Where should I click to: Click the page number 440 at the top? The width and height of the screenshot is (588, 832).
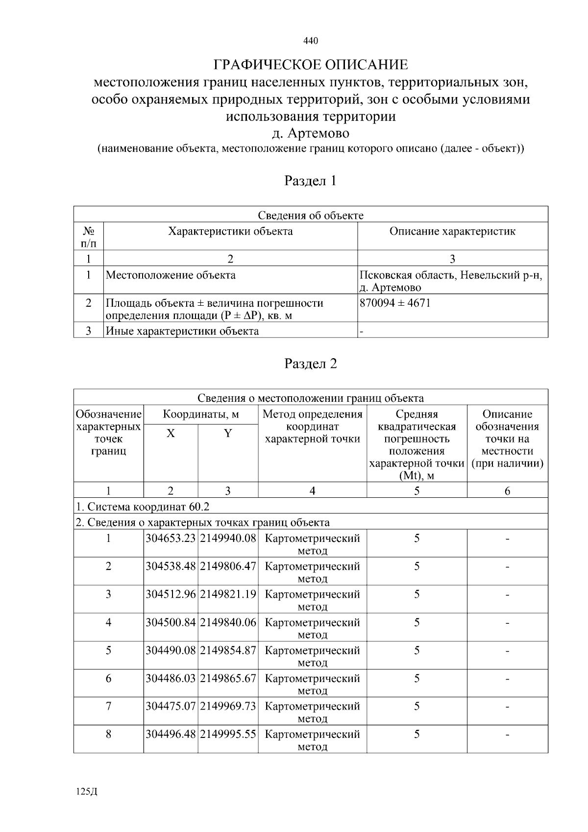tap(311, 41)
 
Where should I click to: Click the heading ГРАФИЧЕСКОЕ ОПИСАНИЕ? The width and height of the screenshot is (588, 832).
tap(311, 65)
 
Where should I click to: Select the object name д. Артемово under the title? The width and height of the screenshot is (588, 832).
tap(311, 133)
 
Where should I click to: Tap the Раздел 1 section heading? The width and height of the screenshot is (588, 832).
tap(311, 181)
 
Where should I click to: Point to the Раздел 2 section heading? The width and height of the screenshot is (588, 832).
tap(311, 364)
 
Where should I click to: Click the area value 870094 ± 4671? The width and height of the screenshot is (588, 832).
tap(395, 303)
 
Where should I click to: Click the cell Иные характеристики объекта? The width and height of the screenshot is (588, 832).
tap(182, 331)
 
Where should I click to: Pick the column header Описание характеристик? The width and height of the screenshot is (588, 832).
tap(452, 231)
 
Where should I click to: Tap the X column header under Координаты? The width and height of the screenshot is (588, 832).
tap(171, 433)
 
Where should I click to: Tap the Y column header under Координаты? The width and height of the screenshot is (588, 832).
tap(228, 433)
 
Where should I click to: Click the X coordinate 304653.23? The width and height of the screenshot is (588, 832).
tap(171, 538)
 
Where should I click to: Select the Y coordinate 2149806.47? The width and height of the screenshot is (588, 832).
tap(228, 566)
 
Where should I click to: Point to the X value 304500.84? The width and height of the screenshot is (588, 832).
tap(171, 622)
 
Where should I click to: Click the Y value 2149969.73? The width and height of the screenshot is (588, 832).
tap(228, 706)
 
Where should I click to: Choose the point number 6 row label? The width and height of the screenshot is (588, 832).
tap(108, 678)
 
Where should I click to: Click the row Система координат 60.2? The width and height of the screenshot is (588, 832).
tap(146, 506)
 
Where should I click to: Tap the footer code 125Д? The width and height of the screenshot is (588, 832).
tap(87, 792)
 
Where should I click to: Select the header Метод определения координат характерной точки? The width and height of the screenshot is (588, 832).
tap(312, 427)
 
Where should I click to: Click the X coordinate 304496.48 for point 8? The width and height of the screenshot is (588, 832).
tap(171, 734)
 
